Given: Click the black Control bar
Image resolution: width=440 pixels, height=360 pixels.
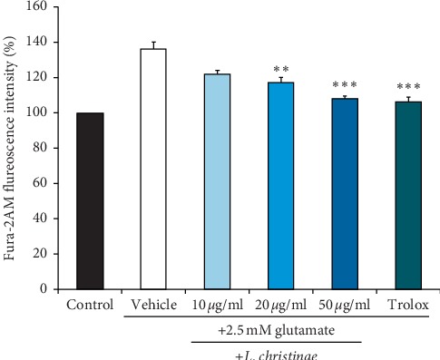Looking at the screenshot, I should click(x=90, y=201).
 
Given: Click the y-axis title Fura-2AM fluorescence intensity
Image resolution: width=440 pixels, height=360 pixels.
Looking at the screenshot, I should click(x=11, y=148).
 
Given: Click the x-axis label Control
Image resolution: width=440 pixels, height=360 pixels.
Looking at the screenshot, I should click(x=90, y=305).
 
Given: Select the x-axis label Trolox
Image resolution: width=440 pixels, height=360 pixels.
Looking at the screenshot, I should click(x=408, y=305).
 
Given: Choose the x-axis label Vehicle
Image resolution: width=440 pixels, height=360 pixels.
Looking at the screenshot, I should click(x=153, y=305).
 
